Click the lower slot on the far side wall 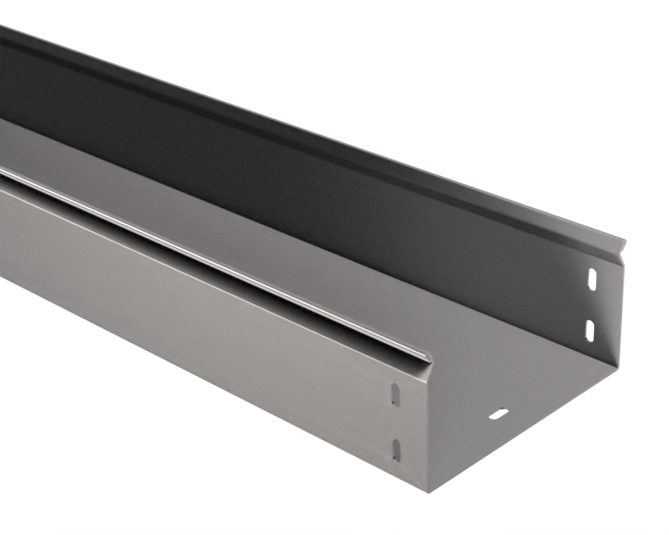590,328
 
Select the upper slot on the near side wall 394,395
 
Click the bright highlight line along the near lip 201,247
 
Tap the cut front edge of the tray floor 529,428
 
